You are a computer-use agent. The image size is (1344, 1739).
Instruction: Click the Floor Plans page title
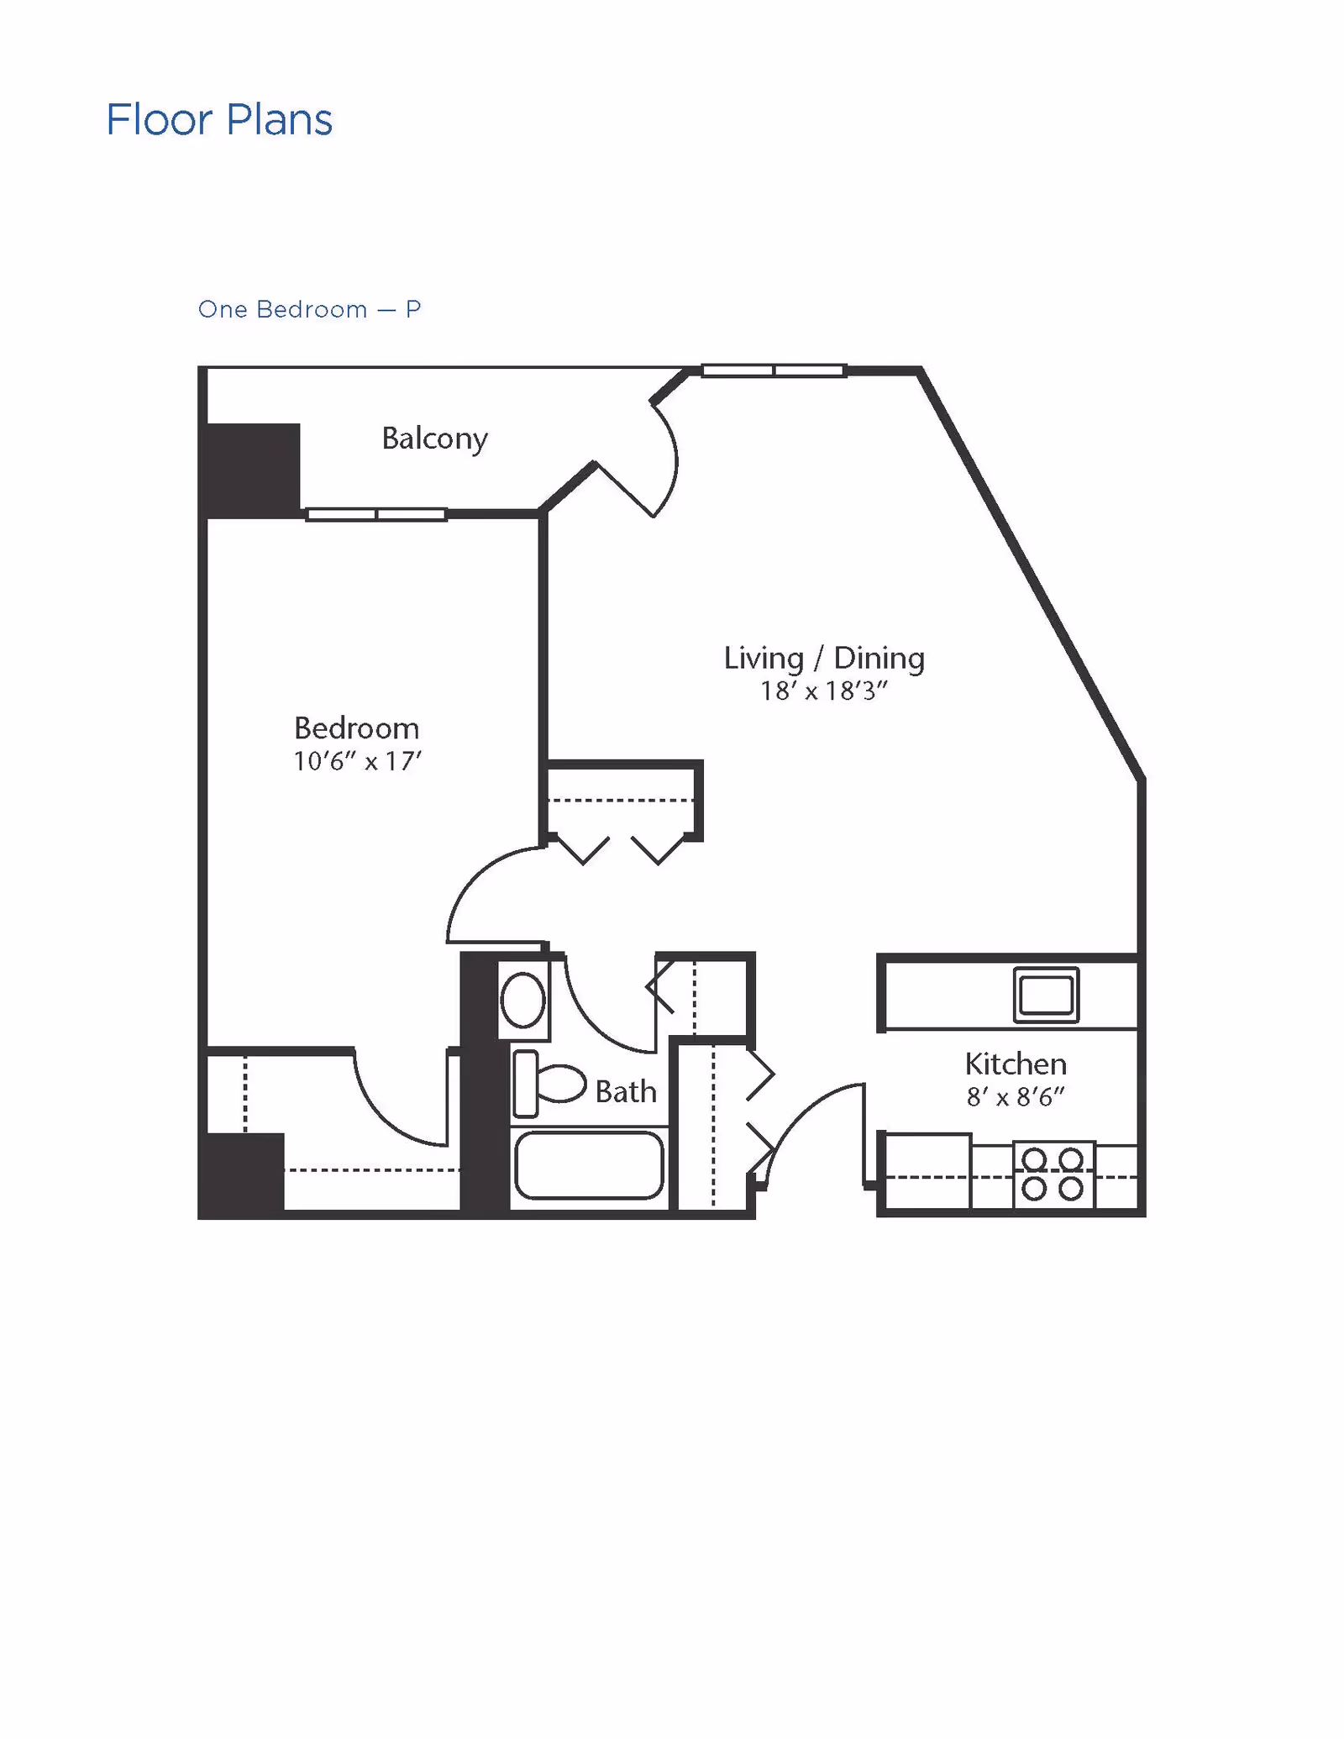pos(219,119)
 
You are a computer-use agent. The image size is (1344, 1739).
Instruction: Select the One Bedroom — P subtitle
pos(309,309)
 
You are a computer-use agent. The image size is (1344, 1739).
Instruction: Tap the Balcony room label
pos(434,439)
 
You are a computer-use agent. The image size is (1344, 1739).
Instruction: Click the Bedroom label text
pos(356,728)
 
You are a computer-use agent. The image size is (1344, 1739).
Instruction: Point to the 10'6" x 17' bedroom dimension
pos(357,761)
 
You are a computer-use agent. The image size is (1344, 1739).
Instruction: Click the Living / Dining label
pos(824,658)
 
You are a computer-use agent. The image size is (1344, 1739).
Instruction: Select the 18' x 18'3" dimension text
pos(824,691)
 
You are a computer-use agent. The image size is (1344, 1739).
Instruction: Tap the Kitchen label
pos(1016,1064)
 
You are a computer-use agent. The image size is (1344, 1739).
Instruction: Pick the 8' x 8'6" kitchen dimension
pos(1016,1096)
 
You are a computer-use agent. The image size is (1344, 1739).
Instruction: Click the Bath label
pos(626,1091)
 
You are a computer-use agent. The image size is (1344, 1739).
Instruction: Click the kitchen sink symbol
pos(1046,995)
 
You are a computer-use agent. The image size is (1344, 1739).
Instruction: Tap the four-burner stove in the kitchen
pos(1053,1174)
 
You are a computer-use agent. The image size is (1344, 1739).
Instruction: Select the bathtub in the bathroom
pos(589,1164)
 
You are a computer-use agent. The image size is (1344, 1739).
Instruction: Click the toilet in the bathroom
pos(549,1084)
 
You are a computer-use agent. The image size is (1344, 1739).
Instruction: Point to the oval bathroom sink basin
pos(523,1000)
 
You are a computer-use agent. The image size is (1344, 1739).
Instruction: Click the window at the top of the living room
pos(774,370)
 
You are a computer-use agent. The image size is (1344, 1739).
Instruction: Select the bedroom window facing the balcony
pos(375,514)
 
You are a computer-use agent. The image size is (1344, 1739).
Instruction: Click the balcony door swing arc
pos(670,458)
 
